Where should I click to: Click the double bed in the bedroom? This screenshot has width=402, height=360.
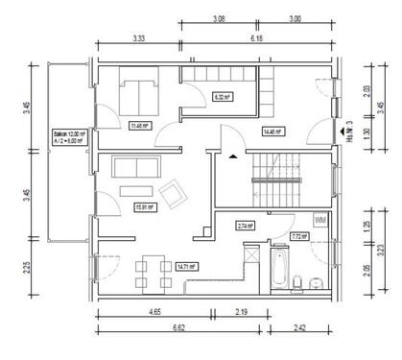point(140,94)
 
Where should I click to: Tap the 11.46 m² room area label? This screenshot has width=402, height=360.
point(139,125)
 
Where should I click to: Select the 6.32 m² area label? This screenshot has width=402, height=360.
point(220,97)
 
